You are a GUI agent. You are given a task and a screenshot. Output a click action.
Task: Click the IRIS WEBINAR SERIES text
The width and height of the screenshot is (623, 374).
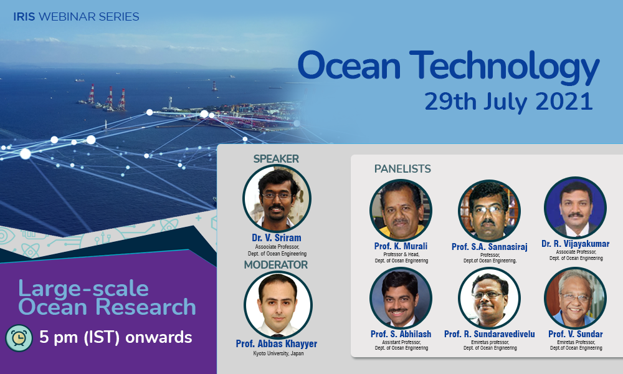(76, 17)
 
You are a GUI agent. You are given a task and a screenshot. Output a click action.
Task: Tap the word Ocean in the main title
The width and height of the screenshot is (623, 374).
(350, 65)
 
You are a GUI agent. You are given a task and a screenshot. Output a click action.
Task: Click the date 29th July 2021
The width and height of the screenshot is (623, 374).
(508, 102)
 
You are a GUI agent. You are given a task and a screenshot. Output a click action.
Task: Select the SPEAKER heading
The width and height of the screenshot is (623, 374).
(276, 159)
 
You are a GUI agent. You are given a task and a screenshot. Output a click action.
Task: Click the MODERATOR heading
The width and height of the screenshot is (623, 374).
(276, 265)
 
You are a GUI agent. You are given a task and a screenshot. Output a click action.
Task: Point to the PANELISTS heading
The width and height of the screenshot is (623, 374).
(402, 169)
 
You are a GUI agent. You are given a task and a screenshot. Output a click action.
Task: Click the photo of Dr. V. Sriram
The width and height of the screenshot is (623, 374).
(277, 198)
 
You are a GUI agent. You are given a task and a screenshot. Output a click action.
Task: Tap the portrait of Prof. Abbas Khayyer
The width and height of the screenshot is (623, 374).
(278, 305)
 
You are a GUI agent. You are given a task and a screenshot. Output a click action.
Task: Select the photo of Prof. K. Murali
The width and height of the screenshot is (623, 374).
(401, 210)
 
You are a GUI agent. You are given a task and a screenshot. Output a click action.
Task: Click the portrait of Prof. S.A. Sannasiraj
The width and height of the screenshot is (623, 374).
(489, 211)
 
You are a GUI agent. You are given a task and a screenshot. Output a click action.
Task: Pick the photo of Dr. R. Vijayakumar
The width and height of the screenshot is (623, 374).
(575, 208)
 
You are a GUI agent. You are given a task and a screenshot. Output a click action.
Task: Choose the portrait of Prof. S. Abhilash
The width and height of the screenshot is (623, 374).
(401, 298)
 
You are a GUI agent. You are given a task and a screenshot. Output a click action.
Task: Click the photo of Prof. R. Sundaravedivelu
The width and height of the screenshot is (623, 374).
(489, 298)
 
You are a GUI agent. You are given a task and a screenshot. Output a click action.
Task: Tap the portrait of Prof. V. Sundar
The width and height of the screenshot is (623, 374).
(575, 298)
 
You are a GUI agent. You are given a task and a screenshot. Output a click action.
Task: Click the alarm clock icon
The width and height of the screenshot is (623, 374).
(19, 338)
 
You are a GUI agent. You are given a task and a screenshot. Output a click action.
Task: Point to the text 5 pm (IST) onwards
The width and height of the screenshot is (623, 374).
(116, 337)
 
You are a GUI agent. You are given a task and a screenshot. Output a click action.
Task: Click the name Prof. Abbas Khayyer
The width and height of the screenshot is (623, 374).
(277, 344)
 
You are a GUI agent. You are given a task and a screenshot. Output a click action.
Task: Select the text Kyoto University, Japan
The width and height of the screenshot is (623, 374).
(278, 353)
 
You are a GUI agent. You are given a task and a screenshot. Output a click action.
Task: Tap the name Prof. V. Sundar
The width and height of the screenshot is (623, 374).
(576, 334)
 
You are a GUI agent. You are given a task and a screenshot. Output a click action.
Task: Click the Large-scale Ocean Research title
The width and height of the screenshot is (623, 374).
(107, 298)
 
